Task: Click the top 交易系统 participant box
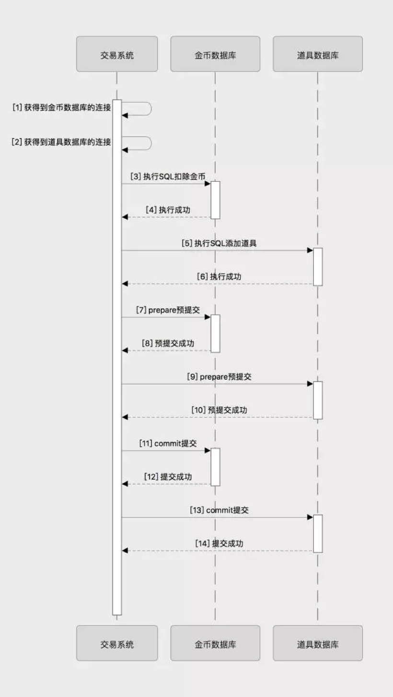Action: (x=117, y=54)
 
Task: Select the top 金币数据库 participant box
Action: (x=215, y=54)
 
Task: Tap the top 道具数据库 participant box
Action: (x=318, y=54)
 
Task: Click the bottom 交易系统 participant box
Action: (x=117, y=643)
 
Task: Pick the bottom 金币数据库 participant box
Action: (x=215, y=643)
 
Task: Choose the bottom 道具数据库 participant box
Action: (x=318, y=643)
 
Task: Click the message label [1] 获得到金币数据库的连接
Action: (x=62, y=108)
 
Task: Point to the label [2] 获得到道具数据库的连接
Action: (x=61, y=142)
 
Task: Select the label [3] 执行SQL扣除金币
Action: (x=168, y=176)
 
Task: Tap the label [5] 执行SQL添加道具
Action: (x=219, y=244)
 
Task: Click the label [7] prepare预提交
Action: (x=168, y=310)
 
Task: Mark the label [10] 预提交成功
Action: (x=219, y=410)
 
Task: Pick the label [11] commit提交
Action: (x=168, y=443)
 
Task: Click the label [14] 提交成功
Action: (x=219, y=544)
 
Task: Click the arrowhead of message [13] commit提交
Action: (x=310, y=517)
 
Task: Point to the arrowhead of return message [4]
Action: (x=125, y=217)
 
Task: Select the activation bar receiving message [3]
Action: (x=215, y=200)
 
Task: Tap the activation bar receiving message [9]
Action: (x=318, y=400)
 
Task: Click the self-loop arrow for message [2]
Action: (x=151, y=143)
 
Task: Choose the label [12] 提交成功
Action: (x=168, y=476)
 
